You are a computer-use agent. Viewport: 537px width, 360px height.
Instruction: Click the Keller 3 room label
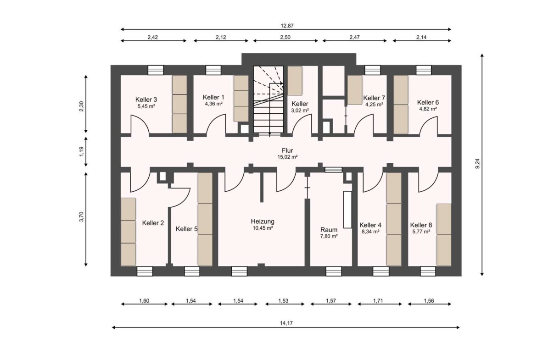[x=146, y=100]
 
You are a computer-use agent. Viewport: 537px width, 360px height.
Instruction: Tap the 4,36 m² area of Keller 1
[x=214, y=104]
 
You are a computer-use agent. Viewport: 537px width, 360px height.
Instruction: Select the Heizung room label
[x=263, y=222]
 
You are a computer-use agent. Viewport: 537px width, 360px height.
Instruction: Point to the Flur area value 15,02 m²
[x=287, y=157]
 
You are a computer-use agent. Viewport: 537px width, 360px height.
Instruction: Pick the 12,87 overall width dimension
[x=287, y=26]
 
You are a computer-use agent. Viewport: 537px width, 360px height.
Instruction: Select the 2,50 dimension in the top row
[x=285, y=37]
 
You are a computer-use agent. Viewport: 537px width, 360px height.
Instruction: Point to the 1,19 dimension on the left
[x=82, y=152]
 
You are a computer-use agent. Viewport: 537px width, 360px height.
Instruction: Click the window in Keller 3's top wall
[x=156, y=70]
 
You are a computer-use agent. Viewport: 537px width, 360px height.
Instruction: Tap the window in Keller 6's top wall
[x=424, y=70]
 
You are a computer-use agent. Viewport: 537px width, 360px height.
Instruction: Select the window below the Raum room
[x=334, y=271]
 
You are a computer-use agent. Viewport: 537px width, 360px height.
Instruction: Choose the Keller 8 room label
[x=421, y=225]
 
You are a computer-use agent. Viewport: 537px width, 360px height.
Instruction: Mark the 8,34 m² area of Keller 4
[x=370, y=232]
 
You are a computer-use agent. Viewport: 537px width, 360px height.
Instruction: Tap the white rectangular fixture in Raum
[x=347, y=210]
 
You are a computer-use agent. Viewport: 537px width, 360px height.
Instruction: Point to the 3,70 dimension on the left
[x=82, y=217]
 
